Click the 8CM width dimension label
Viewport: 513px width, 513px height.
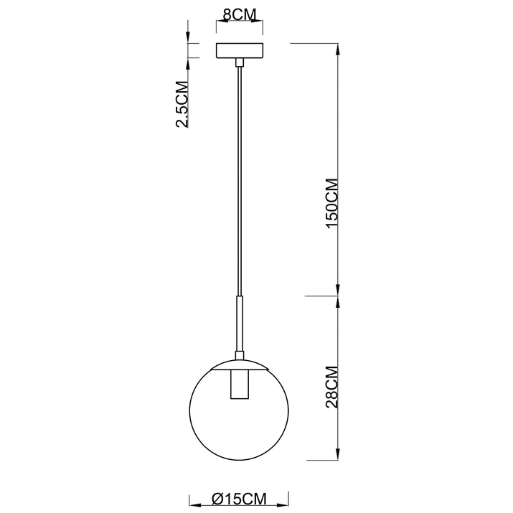[x=239, y=14]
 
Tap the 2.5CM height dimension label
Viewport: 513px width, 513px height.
[x=182, y=104]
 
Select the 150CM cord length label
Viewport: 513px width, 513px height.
[x=332, y=203]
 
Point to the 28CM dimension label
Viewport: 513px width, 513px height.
[x=332, y=387]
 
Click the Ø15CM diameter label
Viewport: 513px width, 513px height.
[x=239, y=499]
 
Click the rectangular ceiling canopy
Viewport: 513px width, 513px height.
[x=240, y=51]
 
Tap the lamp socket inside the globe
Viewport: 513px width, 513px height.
[x=239, y=385]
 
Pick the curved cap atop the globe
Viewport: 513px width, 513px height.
[x=239, y=364]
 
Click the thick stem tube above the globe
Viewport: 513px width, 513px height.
[x=239, y=324]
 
